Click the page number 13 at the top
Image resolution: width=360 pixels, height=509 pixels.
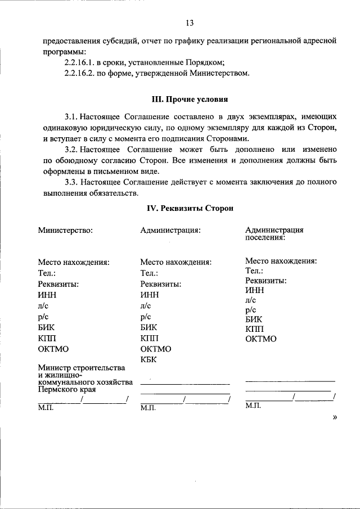click(x=190, y=23)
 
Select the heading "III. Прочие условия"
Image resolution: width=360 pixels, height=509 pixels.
click(x=190, y=100)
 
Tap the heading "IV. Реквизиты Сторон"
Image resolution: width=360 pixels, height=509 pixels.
click(x=190, y=208)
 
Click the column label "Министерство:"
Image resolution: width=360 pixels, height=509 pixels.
click(x=65, y=229)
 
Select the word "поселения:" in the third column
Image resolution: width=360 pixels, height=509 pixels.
click(x=264, y=237)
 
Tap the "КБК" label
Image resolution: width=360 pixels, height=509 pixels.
click(x=148, y=359)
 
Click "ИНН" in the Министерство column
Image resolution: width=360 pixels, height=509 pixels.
click(x=47, y=295)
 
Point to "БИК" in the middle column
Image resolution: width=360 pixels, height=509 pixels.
click(x=148, y=327)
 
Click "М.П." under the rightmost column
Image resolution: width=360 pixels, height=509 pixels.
click(x=253, y=405)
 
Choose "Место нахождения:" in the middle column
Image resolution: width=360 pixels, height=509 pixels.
click(x=175, y=262)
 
